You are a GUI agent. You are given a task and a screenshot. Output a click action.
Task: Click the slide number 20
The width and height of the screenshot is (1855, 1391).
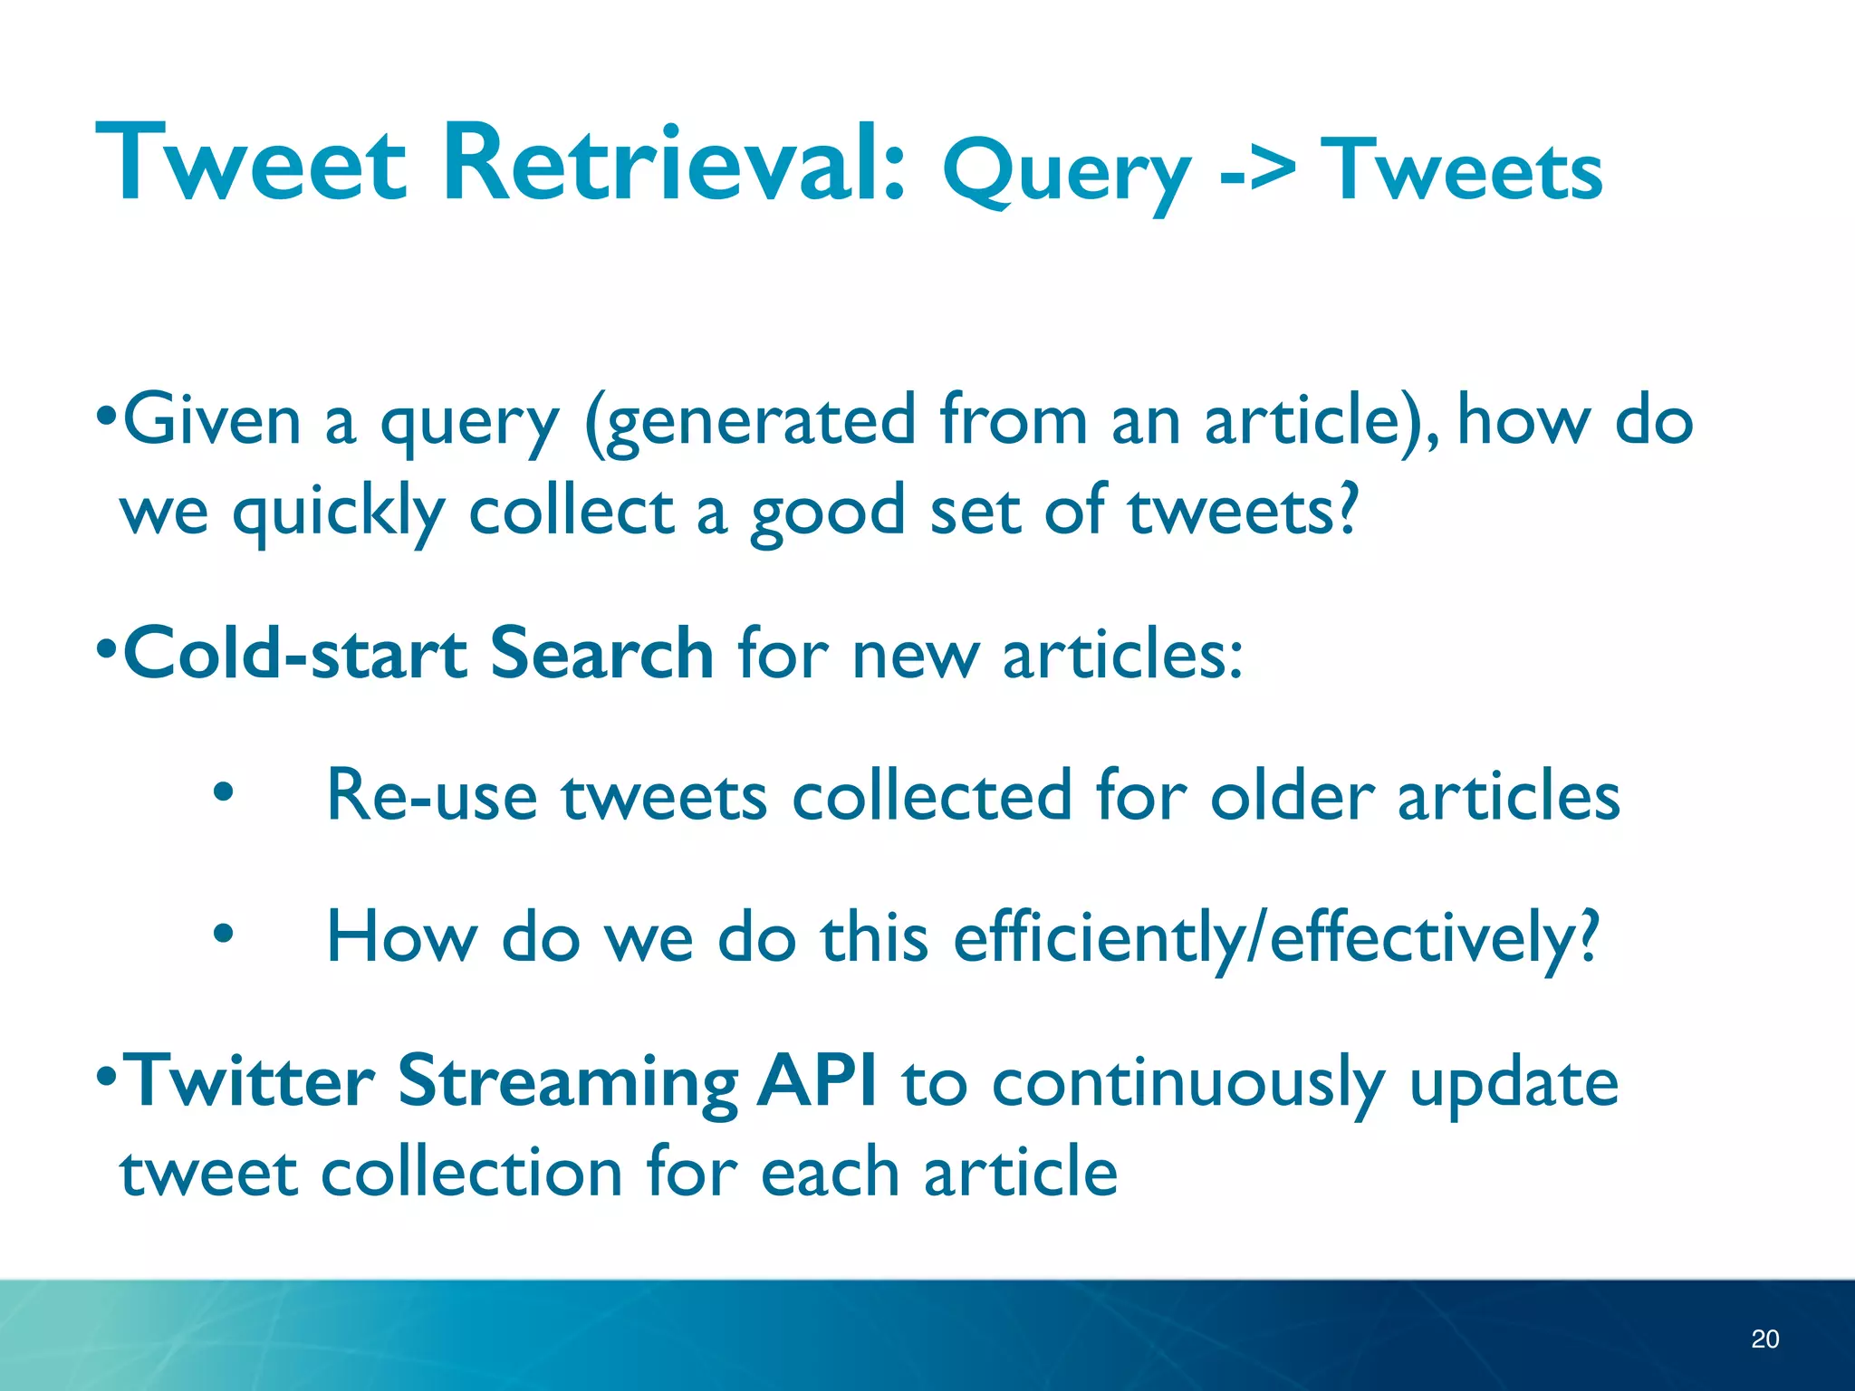[1764, 1338]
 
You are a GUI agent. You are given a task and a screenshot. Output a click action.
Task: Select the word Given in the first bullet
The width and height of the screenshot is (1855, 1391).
[211, 420]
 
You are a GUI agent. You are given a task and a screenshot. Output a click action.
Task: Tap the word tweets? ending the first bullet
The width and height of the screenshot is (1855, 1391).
[1243, 511]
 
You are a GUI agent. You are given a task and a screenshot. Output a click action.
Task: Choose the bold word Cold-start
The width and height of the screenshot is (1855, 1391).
[295, 652]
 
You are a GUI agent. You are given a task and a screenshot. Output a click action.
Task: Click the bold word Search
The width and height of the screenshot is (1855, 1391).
[601, 652]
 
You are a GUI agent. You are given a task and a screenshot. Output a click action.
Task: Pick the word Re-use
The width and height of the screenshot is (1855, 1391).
[432, 795]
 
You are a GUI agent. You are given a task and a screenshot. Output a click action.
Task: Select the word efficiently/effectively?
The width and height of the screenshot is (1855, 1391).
[1276, 938]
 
